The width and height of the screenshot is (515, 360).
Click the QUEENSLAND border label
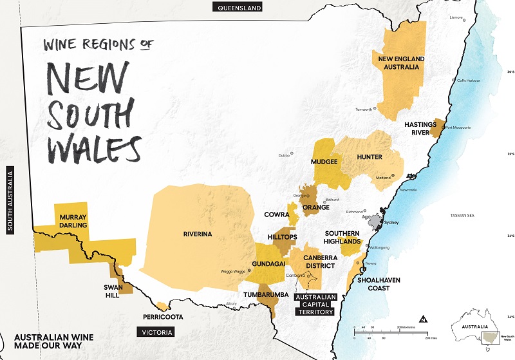pos(239,8)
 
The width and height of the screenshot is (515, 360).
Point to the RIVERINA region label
pos(197,234)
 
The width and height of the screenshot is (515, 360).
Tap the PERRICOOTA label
pos(163,317)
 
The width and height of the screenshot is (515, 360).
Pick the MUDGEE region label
pos(324,162)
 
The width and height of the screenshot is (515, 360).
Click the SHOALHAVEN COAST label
pos(370,283)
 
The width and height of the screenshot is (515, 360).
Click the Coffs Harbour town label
pos(452,80)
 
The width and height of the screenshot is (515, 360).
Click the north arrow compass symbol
pos(423,318)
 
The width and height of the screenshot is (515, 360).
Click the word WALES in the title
pos(93,147)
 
